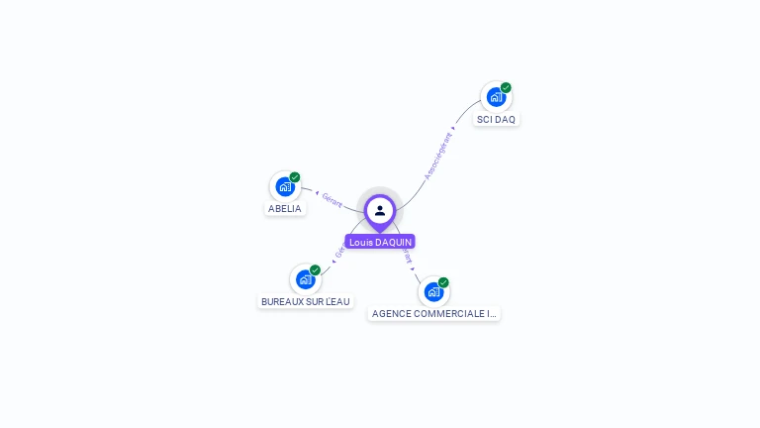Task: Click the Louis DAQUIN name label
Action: pyautogui.click(x=380, y=242)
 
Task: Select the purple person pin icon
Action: pyautogui.click(x=380, y=211)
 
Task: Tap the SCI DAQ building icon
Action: pyautogui.click(x=495, y=97)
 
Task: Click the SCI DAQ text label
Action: pyautogui.click(x=496, y=120)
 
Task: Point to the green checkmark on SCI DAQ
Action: pyautogui.click(x=506, y=87)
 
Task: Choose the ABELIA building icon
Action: pyautogui.click(x=284, y=186)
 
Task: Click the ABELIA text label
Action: pyautogui.click(x=285, y=209)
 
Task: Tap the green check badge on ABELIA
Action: pyautogui.click(x=295, y=177)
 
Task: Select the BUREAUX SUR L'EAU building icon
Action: pyautogui.click(x=305, y=279)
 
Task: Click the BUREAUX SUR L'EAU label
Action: pyautogui.click(x=306, y=302)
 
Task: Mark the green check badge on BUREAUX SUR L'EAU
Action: pyautogui.click(x=315, y=269)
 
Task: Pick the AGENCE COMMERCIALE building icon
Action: pyautogui.click(x=432, y=291)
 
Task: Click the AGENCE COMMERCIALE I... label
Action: pyautogui.click(x=433, y=314)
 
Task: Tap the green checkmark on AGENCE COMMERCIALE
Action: pyautogui.click(x=443, y=282)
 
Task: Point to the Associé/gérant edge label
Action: pyautogui.click(x=438, y=156)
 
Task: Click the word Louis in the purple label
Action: pyautogui.click(x=360, y=242)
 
